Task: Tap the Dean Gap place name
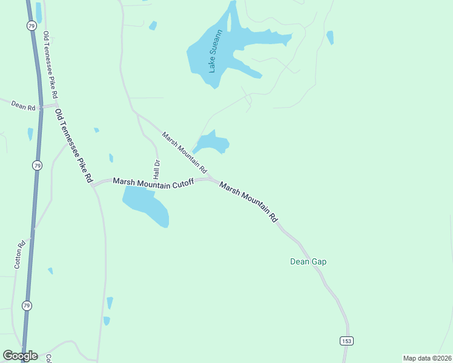308,262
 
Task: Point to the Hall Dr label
156,169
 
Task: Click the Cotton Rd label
19,255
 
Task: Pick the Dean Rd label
23,106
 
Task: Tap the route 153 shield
346,341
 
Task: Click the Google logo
20,356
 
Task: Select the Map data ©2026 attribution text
426,358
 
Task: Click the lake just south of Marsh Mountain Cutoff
146,205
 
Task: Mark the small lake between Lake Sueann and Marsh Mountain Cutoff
212,143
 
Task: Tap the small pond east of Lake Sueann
330,38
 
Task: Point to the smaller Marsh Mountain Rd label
184,151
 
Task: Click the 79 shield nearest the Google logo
27,306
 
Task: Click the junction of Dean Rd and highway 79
41,107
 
